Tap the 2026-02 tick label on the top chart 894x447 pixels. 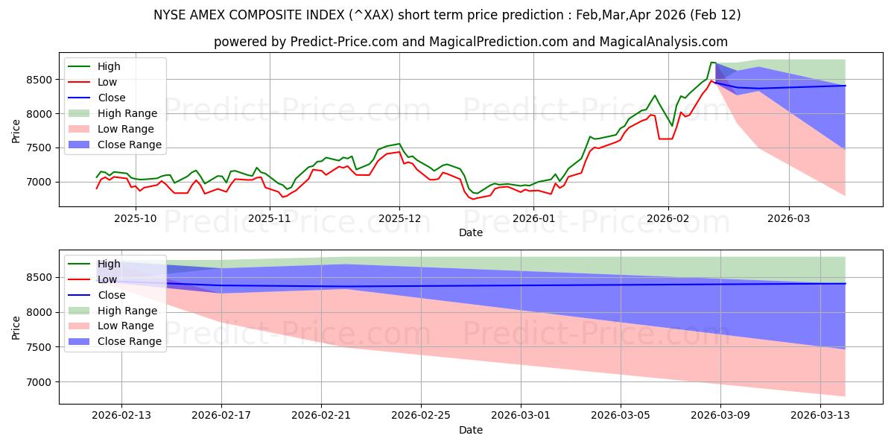click(x=668, y=218)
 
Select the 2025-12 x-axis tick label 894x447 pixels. click(x=399, y=218)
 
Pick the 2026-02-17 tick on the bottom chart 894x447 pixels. click(x=221, y=415)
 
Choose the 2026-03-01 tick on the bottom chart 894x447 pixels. click(x=521, y=415)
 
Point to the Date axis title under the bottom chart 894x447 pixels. click(x=470, y=430)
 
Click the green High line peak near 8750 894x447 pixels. click(x=712, y=63)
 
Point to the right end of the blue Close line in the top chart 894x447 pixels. click(x=845, y=86)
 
